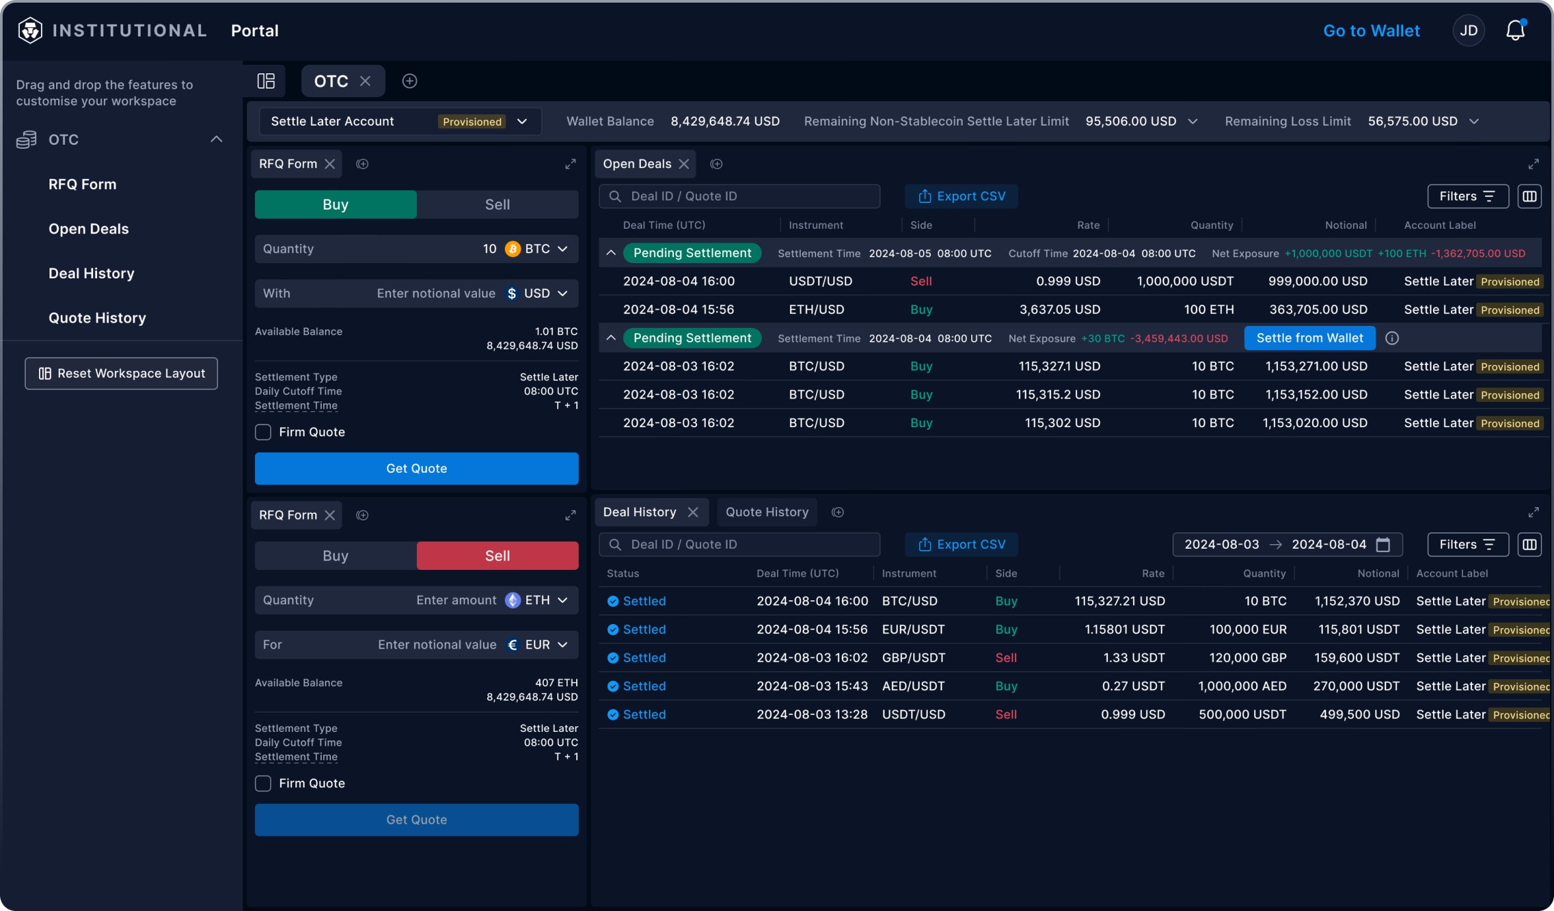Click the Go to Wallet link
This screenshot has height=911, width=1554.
pyautogui.click(x=1371, y=30)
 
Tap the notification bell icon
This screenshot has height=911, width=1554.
pyautogui.click(x=1515, y=30)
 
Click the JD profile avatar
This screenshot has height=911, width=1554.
pyautogui.click(x=1468, y=30)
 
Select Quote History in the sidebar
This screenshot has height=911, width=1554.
pyautogui.click(x=97, y=318)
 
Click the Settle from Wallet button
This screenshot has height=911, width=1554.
pyautogui.click(x=1309, y=338)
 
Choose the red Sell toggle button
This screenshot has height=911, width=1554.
pyautogui.click(x=497, y=555)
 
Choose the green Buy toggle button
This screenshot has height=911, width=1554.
pyautogui.click(x=336, y=204)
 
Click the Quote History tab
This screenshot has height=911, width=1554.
pyautogui.click(x=766, y=512)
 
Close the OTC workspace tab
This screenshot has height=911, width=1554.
pyautogui.click(x=365, y=81)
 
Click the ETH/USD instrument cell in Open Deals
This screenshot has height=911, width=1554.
pyautogui.click(x=816, y=309)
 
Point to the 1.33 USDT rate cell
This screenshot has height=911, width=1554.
pyautogui.click(x=1134, y=658)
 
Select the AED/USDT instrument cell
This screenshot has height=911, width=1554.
pyautogui.click(x=913, y=686)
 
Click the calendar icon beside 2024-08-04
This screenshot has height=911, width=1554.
pyautogui.click(x=1383, y=544)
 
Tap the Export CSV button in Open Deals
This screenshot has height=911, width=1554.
pyautogui.click(x=961, y=196)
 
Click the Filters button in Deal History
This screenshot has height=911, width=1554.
pyautogui.click(x=1467, y=544)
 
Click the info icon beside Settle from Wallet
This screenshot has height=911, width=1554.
pyautogui.click(x=1391, y=338)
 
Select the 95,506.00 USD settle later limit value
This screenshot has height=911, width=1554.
pyautogui.click(x=1130, y=121)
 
